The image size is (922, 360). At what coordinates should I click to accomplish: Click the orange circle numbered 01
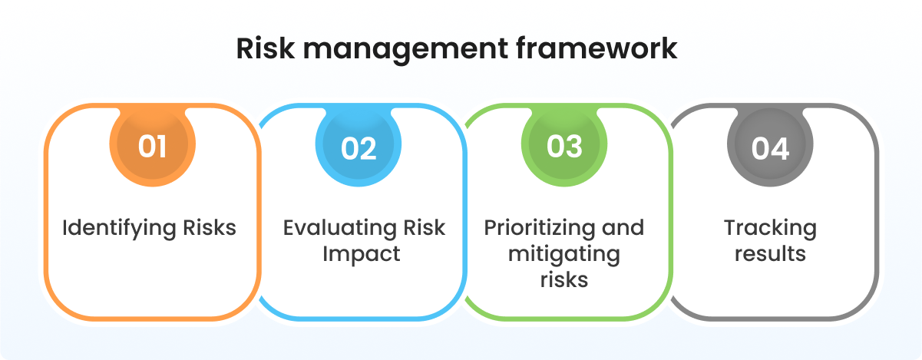point(152,146)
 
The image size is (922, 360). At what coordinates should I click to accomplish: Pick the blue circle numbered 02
point(359,146)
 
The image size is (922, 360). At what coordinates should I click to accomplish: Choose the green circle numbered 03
point(564,146)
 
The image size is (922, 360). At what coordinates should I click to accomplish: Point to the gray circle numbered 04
point(770,146)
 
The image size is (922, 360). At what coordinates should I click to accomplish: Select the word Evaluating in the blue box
point(337,229)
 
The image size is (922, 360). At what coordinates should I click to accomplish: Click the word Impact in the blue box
point(362,254)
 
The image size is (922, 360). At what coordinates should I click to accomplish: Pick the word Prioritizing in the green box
point(537,229)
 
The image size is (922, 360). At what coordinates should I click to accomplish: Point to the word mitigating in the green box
point(564,254)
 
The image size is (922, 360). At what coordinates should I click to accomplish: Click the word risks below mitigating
point(564,279)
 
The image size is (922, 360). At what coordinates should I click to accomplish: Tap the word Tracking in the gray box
point(770,229)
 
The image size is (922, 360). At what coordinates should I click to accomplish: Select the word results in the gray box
point(770,254)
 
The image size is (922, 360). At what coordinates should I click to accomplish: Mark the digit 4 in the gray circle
point(782,147)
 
